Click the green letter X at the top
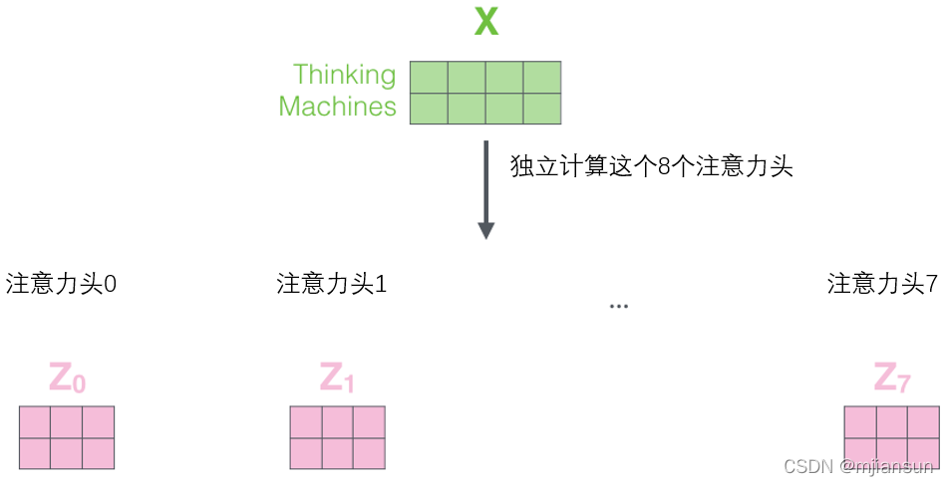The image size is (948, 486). pos(485,22)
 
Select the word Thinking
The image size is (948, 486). pos(344,75)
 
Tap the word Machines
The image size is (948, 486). pos(337,107)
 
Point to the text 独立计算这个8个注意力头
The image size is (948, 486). pos(651,166)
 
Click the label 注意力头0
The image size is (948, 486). pos(62,284)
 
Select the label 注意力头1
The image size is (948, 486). pos(332,284)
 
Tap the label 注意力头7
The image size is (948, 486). pos(882,284)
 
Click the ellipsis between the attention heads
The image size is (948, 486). pos(618,305)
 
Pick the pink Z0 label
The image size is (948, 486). pos(67,379)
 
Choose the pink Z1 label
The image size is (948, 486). pos(337,379)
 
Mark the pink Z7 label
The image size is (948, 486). pos(891,379)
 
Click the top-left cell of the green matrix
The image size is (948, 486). pos(429,77)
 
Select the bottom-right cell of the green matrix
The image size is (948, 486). pos(541,108)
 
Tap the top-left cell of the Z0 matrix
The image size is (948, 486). pos(35,422)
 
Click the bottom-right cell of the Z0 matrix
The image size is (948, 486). pos(98,453)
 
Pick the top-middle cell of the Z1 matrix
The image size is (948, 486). pos(337,422)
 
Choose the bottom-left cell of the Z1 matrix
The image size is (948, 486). pos(306,453)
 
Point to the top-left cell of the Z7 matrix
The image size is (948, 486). pos(860,422)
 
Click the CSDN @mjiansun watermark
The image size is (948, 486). pos(857,466)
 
